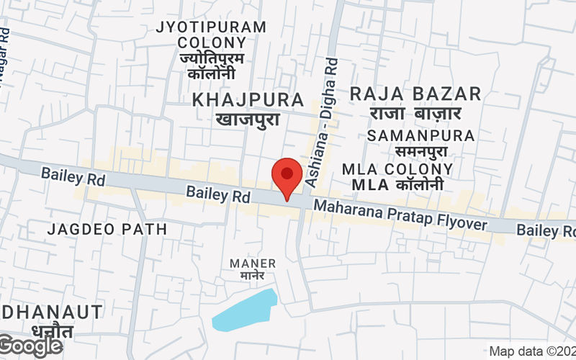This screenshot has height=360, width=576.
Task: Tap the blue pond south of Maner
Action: pos(245,311)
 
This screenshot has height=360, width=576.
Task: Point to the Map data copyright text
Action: pos(532,352)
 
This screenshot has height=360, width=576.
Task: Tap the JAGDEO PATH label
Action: pos(107,230)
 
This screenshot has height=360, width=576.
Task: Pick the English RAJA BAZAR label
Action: pos(415,94)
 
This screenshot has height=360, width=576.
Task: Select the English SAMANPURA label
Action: pos(420,135)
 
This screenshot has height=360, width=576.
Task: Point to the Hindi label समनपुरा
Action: pos(420,151)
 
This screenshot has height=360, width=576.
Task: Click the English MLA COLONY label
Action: pos(397,169)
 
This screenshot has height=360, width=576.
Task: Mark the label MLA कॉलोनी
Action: pos(397,185)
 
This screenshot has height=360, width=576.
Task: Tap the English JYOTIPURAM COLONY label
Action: pos(211,35)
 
